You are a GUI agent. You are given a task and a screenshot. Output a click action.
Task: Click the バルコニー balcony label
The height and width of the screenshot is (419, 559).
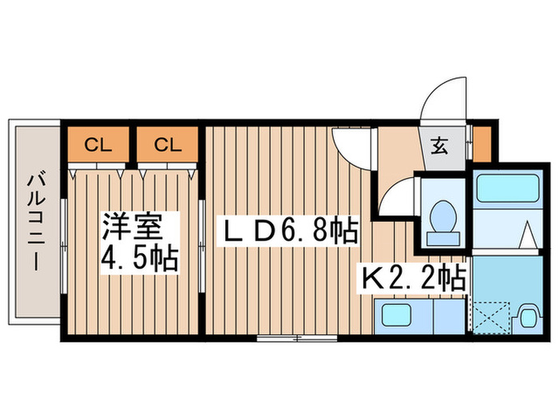point(34,221)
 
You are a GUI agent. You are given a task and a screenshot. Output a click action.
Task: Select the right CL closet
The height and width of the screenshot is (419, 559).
point(166,144)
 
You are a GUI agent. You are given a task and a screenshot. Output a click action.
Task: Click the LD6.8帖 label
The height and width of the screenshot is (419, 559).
point(288,232)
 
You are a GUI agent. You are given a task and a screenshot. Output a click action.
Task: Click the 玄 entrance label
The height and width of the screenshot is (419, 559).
point(441,147)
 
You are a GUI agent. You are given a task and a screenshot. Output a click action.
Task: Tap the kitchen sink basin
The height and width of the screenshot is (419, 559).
point(398,315)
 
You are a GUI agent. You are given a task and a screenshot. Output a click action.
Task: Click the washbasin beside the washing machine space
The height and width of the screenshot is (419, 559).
point(527,316)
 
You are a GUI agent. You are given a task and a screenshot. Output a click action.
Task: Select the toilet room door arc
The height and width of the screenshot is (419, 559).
point(398,196)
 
